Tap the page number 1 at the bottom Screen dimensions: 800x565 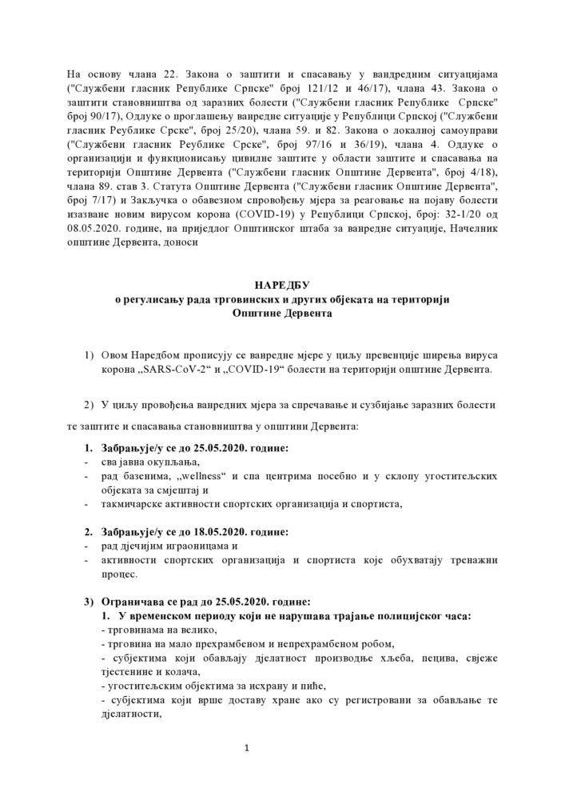[248, 748]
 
